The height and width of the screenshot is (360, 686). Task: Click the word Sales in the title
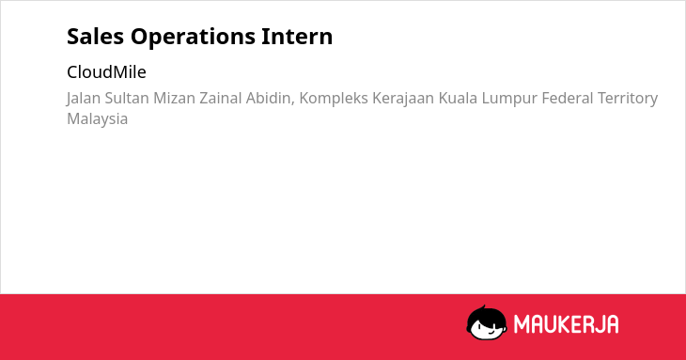95,37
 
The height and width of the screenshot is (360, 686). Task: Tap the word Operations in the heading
193,38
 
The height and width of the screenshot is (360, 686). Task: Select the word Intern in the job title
297,37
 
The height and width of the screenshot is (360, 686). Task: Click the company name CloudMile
106,72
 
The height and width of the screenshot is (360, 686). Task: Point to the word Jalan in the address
84,99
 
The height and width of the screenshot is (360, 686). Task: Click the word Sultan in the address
127,98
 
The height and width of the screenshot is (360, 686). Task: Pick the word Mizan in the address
174,98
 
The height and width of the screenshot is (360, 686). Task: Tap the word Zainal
221,98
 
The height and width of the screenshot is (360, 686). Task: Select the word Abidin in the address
270,98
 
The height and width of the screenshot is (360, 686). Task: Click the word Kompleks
334,99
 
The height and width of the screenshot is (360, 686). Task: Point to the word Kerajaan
403,99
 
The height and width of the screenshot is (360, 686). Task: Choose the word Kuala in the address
458,98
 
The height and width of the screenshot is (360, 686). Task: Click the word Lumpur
509,99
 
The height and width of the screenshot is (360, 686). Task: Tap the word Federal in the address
567,98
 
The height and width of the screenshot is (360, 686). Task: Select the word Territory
628,99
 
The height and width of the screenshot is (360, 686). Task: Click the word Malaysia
97,119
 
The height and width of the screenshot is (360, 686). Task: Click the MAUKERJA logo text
566,324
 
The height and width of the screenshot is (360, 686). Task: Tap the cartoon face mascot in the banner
487,322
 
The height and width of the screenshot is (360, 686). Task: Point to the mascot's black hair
486,315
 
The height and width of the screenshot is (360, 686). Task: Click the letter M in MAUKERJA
522,324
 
